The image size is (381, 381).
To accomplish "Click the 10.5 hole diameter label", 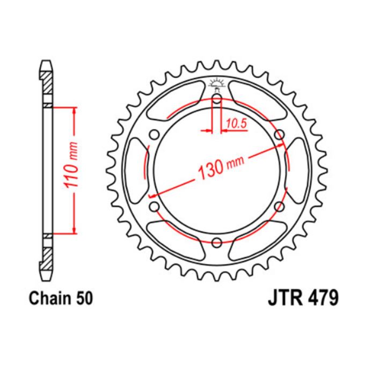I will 236,123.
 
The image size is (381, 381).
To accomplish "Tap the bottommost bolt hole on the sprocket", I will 217,241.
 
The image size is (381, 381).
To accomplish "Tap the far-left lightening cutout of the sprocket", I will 134,170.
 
